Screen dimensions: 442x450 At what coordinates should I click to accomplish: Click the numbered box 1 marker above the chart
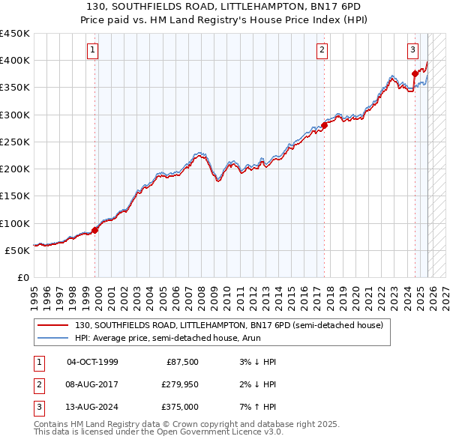[92, 50]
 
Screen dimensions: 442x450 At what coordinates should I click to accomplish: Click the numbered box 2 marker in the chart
[322, 50]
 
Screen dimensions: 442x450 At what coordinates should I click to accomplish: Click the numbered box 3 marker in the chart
[413, 50]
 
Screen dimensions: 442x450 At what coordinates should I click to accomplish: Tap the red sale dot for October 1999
[95, 230]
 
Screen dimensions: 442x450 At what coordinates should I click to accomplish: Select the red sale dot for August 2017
[324, 125]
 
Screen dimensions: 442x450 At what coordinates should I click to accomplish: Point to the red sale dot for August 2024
[415, 73]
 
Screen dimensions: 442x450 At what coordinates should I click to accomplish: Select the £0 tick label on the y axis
[22, 277]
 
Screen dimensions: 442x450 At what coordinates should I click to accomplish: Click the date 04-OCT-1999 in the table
[92, 362]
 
